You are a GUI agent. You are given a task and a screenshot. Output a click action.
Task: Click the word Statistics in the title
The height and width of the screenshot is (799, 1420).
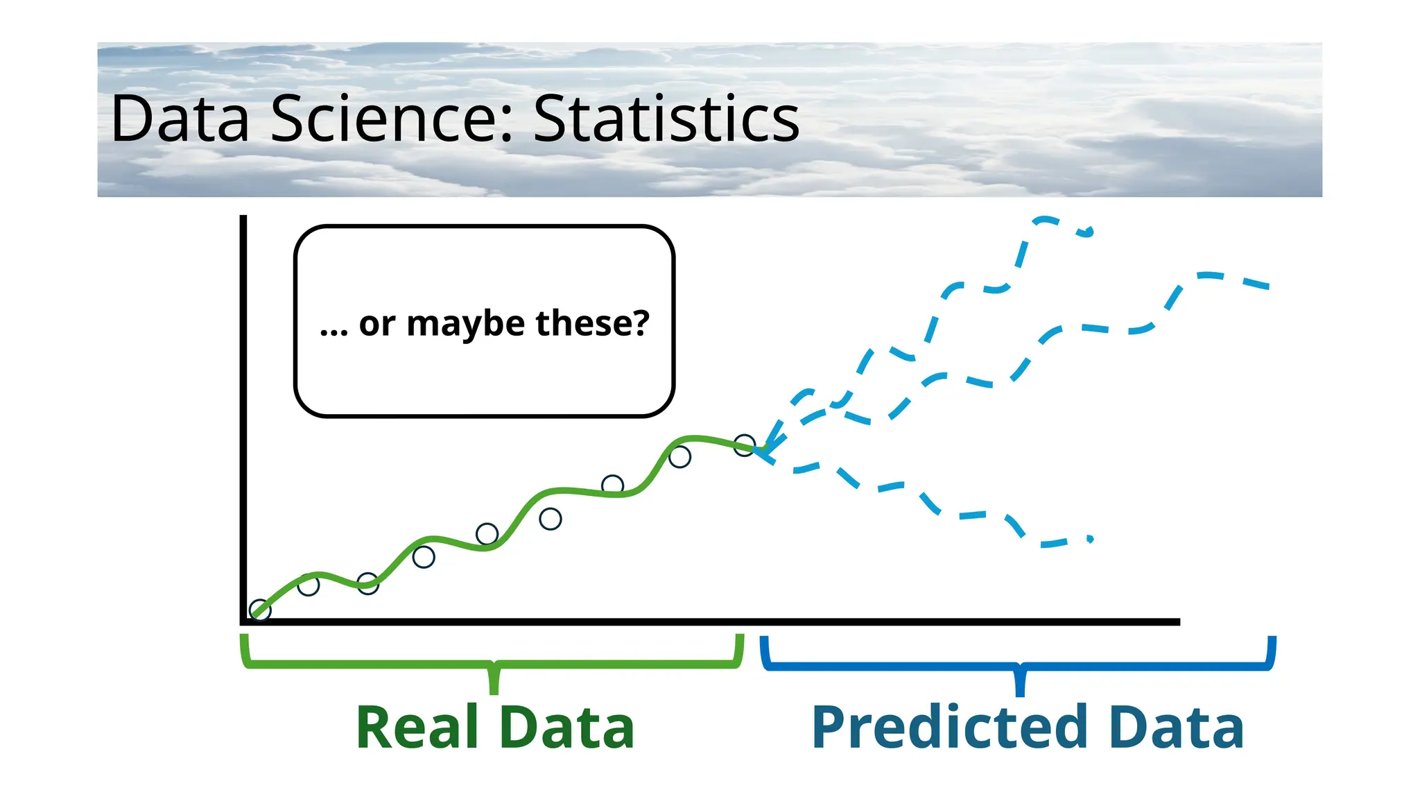click(x=666, y=119)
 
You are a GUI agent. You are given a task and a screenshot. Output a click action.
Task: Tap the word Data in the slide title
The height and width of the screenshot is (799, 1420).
click(x=180, y=119)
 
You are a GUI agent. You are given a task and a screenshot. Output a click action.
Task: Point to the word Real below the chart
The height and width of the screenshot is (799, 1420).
click(x=417, y=727)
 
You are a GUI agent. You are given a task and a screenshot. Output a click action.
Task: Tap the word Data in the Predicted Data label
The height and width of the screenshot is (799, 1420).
click(x=1176, y=727)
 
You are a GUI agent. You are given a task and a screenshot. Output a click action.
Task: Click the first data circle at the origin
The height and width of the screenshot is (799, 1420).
click(x=260, y=610)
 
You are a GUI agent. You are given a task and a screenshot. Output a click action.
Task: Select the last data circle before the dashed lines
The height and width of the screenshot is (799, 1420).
click(x=744, y=445)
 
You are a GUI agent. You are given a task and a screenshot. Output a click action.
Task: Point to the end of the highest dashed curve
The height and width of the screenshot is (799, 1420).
click(x=1090, y=231)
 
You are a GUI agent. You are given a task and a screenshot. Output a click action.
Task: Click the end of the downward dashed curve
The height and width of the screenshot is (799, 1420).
click(x=1090, y=538)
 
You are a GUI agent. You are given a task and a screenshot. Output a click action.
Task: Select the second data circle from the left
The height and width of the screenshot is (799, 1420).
click(x=309, y=585)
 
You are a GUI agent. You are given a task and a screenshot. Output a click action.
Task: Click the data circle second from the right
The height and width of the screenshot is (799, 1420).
click(x=679, y=457)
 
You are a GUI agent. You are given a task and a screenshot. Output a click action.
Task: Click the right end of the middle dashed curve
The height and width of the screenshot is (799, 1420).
click(x=1266, y=286)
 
